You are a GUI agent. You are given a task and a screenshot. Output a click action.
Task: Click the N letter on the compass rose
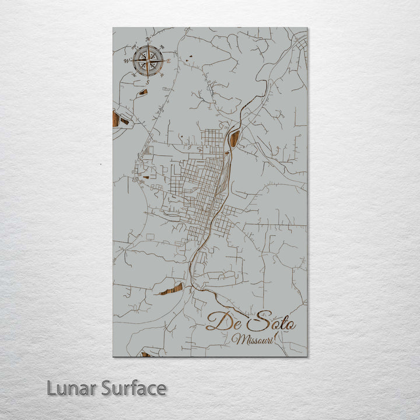click(x=148, y=40)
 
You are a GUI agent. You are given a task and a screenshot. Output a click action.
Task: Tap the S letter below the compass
click(x=148, y=82)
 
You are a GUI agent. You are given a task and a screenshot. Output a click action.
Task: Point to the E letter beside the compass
click(x=169, y=61)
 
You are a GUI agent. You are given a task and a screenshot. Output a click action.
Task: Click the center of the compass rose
click(x=148, y=61)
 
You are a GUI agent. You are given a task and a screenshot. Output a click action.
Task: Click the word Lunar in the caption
click(x=72, y=388)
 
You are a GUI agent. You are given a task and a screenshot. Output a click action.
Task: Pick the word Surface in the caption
click(x=134, y=388)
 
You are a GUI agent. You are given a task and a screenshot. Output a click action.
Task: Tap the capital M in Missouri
click(x=236, y=339)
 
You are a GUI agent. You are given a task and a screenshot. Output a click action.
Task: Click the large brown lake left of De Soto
click(x=170, y=289)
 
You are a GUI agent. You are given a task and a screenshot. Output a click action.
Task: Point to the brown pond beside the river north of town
click(x=235, y=139)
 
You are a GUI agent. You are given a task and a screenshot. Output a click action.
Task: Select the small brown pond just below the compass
click(x=143, y=92)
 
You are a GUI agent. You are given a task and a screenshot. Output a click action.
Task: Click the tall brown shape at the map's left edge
click(x=116, y=119)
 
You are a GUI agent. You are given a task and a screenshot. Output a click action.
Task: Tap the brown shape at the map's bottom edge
click(x=146, y=354)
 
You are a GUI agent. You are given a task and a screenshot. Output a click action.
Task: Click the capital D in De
click(x=217, y=321)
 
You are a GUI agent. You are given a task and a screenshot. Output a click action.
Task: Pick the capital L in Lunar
click(x=51, y=388)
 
